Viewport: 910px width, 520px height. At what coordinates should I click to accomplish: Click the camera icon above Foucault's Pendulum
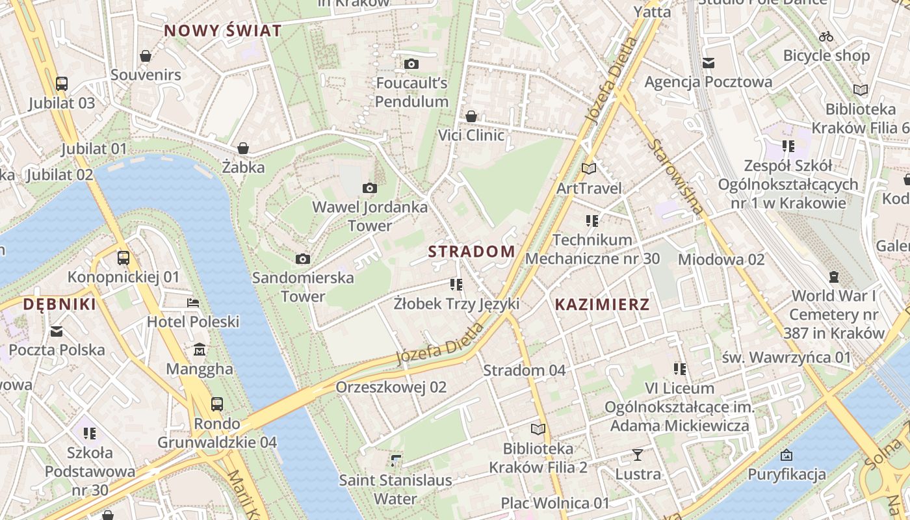(411, 64)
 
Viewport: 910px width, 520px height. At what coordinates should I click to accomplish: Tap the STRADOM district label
(471, 252)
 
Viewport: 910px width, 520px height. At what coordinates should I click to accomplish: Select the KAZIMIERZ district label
(602, 304)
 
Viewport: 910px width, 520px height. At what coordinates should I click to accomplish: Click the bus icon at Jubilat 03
(62, 83)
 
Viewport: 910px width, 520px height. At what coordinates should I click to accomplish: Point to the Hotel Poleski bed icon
(193, 302)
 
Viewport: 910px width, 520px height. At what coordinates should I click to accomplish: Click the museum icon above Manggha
(200, 350)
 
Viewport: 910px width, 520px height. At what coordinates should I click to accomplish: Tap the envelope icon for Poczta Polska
(57, 331)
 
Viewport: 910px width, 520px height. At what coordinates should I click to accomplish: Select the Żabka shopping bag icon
(243, 148)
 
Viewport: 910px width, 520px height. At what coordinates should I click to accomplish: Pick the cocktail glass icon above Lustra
(638, 454)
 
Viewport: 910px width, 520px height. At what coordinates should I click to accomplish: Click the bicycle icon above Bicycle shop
(826, 36)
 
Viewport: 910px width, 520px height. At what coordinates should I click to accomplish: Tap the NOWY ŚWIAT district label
(223, 31)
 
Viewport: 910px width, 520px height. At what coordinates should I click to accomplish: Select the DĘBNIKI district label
(59, 304)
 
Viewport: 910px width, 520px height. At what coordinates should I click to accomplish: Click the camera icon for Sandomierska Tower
(302, 259)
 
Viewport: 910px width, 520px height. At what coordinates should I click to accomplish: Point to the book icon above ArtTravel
(589, 168)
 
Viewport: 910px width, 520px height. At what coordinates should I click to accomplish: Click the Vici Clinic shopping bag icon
(471, 116)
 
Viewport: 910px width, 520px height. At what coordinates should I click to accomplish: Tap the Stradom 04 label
(525, 370)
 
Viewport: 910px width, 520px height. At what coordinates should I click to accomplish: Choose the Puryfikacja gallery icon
(786, 454)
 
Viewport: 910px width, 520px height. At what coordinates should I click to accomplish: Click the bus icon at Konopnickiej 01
(123, 257)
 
